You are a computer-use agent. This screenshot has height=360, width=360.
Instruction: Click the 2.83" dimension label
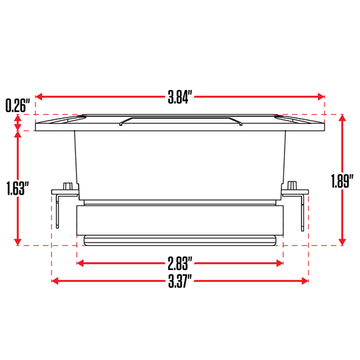click(180, 263)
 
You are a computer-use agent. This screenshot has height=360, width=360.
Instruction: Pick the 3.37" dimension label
click(180, 281)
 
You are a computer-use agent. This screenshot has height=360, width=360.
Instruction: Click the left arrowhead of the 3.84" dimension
click(39, 97)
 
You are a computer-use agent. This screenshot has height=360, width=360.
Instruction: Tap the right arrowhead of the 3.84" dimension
click(321, 97)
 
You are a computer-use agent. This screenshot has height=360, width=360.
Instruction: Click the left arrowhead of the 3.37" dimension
click(55, 281)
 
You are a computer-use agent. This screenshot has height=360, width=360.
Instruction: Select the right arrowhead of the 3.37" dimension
click(305, 281)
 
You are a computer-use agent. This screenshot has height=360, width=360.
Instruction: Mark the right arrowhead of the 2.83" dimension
click(280, 263)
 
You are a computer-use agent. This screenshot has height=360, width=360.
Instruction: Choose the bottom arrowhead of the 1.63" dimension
click(17, 241)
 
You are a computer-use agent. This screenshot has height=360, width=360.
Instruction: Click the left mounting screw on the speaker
click(67, 186)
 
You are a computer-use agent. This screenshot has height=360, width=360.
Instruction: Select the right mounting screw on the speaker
click(293, 186)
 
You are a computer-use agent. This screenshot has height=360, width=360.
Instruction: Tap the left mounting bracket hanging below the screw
click(59, 212)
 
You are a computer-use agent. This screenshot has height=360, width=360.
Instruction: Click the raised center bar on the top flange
click(180, 121)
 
